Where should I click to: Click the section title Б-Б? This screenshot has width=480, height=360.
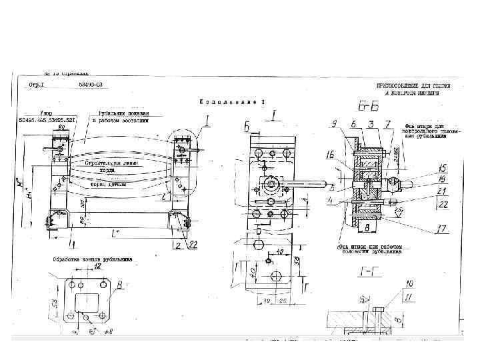click(x=364, y=104)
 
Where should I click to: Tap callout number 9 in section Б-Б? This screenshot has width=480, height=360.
click(x=332, y=123)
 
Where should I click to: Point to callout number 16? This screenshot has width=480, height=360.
click(x=331, y=155)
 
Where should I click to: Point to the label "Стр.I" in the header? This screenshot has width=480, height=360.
click(x=37, y=86)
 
